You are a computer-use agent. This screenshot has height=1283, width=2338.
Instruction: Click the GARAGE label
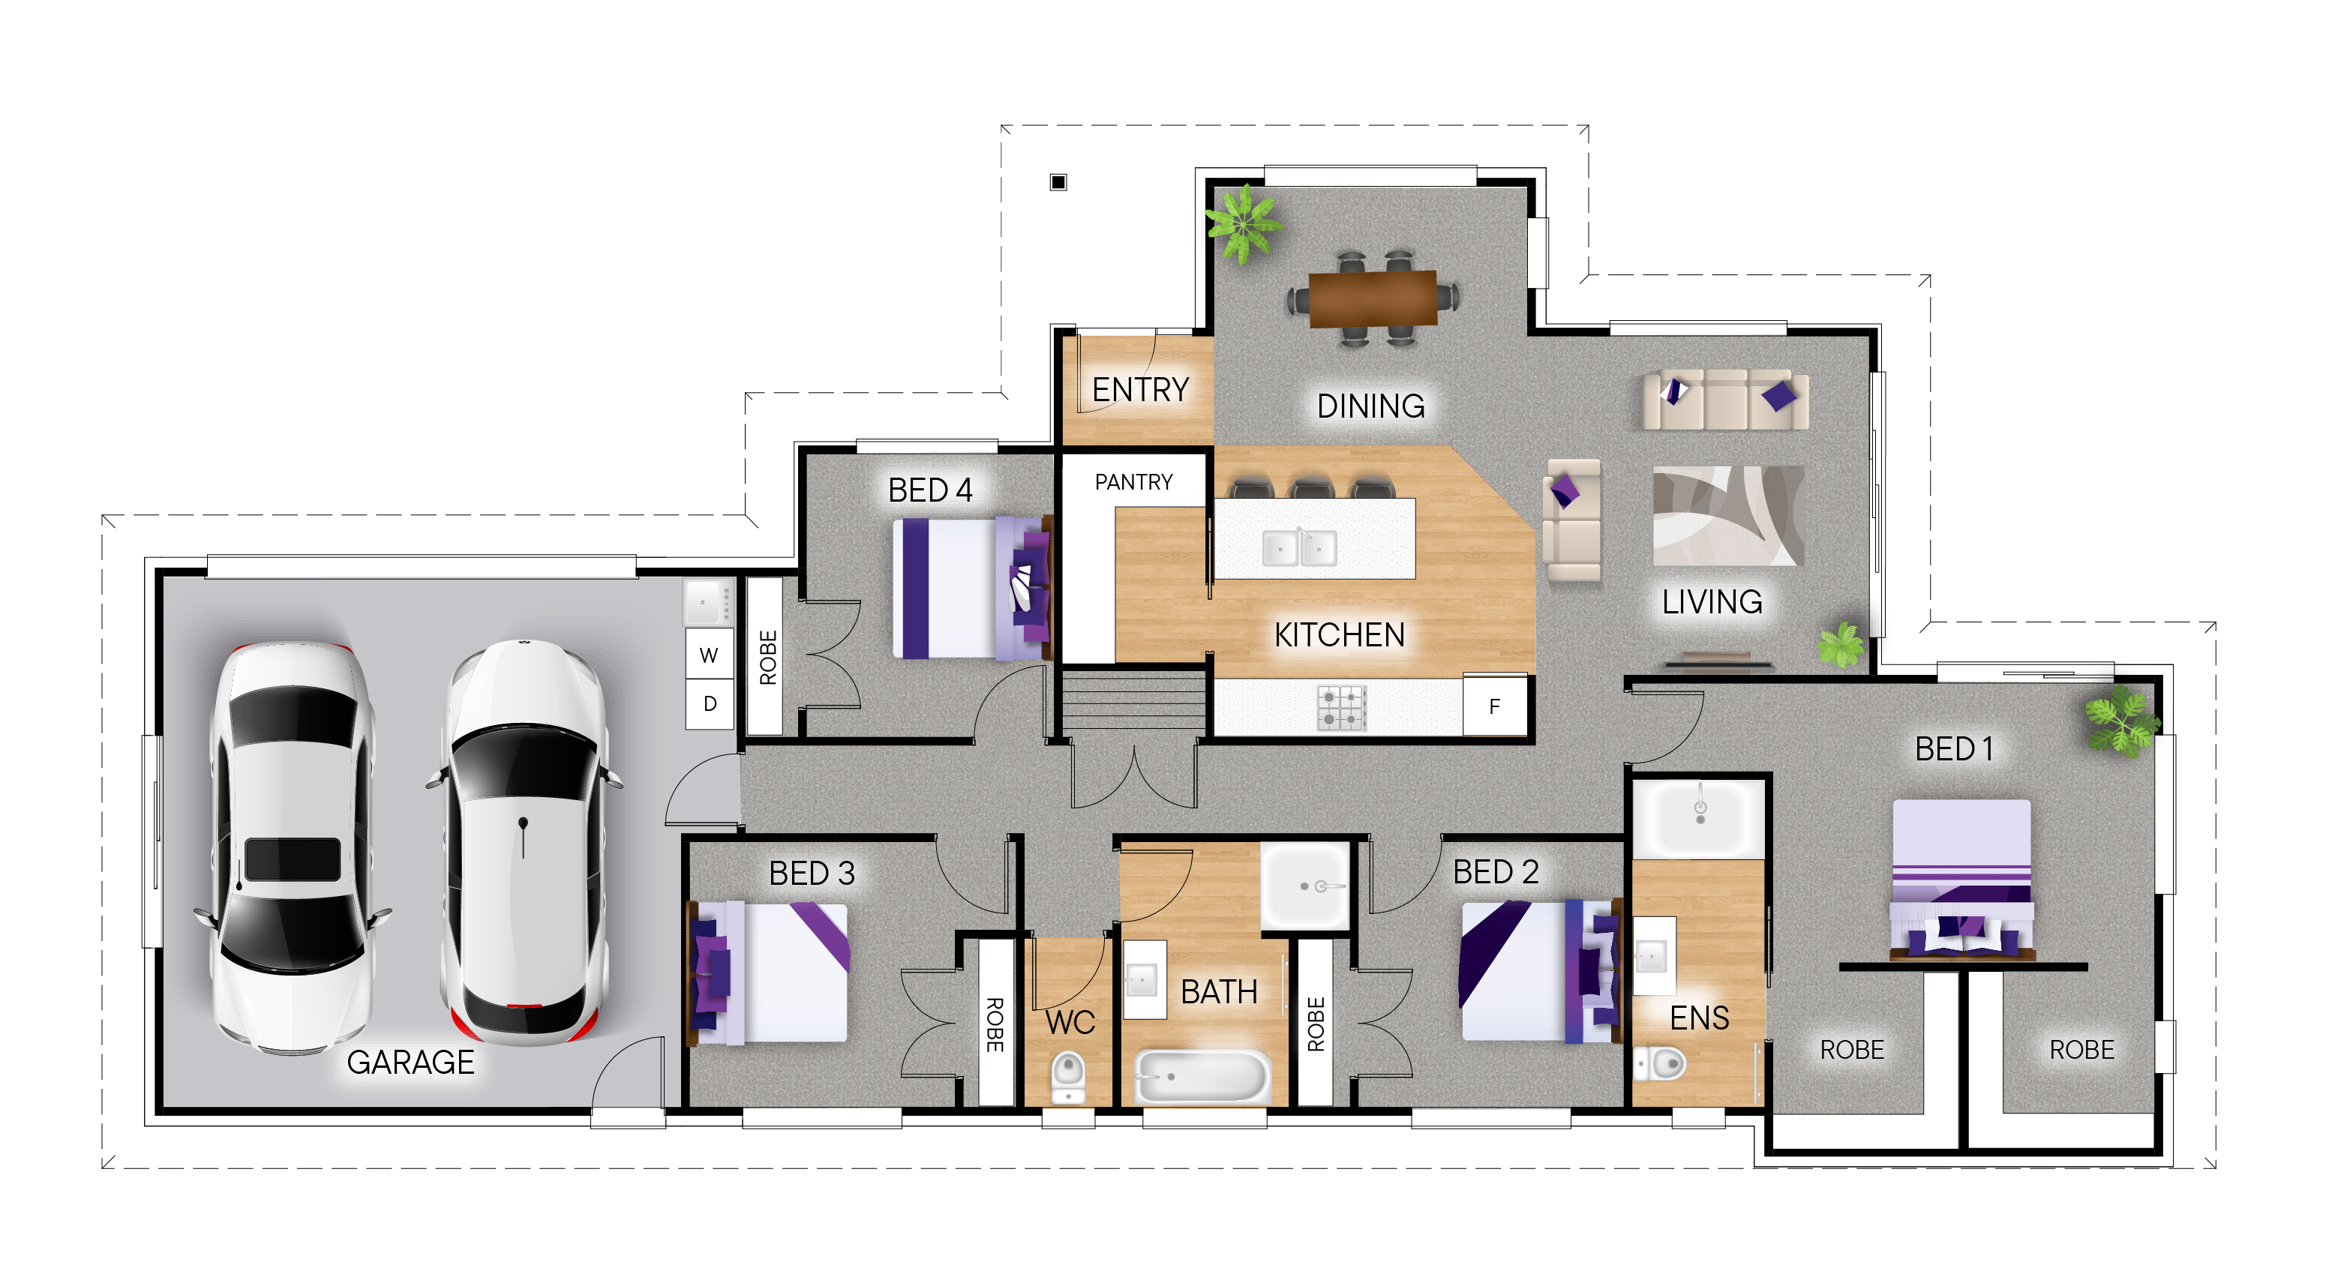click(410, 1062)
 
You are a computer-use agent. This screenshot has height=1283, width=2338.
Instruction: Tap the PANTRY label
click(1133, 482)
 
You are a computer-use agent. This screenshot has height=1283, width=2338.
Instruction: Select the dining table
click(1373, 297)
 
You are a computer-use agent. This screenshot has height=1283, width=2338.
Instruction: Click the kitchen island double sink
click(1299, 548)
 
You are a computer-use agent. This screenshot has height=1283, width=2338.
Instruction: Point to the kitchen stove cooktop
click(1341, 709)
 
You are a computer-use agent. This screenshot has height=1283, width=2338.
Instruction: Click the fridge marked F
click(1494, 706)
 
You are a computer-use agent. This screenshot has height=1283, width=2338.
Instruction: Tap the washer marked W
click(709, 654)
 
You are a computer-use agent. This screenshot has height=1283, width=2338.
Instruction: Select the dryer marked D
click(709, 703)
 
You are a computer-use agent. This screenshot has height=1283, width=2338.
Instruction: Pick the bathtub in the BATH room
click(1202, 1076)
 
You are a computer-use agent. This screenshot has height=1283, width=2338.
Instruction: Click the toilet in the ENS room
click(1660, 1063)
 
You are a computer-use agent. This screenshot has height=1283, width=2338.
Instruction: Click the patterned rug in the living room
click(1728, 515)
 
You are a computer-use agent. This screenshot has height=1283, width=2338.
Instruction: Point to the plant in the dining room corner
click(1244, 223)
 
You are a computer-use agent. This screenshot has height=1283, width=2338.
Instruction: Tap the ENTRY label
click(1140, 389)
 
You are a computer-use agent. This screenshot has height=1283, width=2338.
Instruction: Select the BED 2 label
click(1496, 872)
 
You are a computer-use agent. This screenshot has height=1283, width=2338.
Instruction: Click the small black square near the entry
click(1058, 182)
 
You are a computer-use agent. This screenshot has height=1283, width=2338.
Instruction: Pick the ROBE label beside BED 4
click(768, 657)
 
